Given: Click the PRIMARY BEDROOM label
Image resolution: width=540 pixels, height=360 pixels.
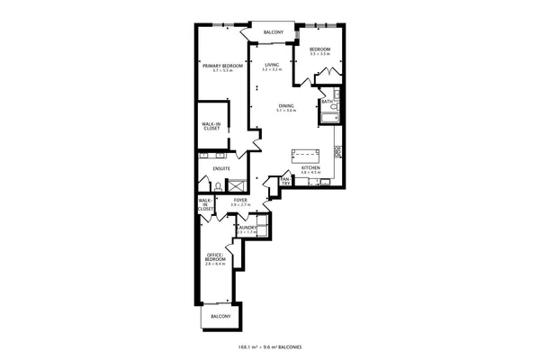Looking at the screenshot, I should [222, 65].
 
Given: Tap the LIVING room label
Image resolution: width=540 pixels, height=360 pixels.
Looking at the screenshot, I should [273, 65].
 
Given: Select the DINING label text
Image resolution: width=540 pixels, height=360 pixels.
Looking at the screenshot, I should [285, 106].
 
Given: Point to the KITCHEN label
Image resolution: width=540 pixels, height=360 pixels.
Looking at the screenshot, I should [310, 168].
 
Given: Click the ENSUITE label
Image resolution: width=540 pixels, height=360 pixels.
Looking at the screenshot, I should [221, 168].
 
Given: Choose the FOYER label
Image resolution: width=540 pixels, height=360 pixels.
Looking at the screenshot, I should [240, 202].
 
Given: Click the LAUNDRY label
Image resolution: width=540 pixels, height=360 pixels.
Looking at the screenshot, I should [247, 229].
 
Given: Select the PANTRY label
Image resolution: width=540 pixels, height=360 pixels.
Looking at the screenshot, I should [285, 182].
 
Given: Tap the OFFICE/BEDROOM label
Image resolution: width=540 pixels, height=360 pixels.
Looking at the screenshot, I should [214, 258].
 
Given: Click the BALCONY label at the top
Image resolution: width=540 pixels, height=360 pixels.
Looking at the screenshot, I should [274, 33].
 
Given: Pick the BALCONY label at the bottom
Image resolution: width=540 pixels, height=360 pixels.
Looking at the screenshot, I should [220, 317].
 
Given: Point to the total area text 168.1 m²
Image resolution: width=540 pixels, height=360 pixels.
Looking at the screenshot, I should [249, 346].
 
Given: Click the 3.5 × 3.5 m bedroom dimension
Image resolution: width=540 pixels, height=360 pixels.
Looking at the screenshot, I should [320, 54].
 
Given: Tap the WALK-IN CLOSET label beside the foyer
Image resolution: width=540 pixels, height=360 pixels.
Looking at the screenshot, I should [204, 205].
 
